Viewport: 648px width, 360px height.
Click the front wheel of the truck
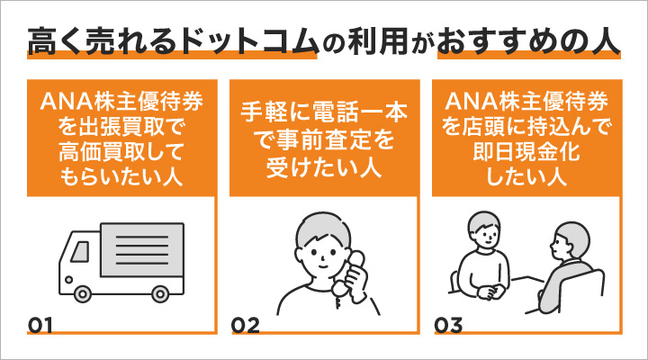78,293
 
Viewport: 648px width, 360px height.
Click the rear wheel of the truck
159,293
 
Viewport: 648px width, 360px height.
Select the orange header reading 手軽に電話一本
324,114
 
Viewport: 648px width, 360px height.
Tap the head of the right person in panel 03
566,241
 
